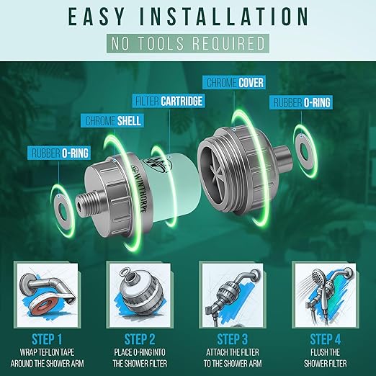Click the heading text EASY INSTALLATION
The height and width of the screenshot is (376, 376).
[x=188, y=17]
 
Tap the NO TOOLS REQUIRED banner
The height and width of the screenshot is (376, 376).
[x=188, y=43]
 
